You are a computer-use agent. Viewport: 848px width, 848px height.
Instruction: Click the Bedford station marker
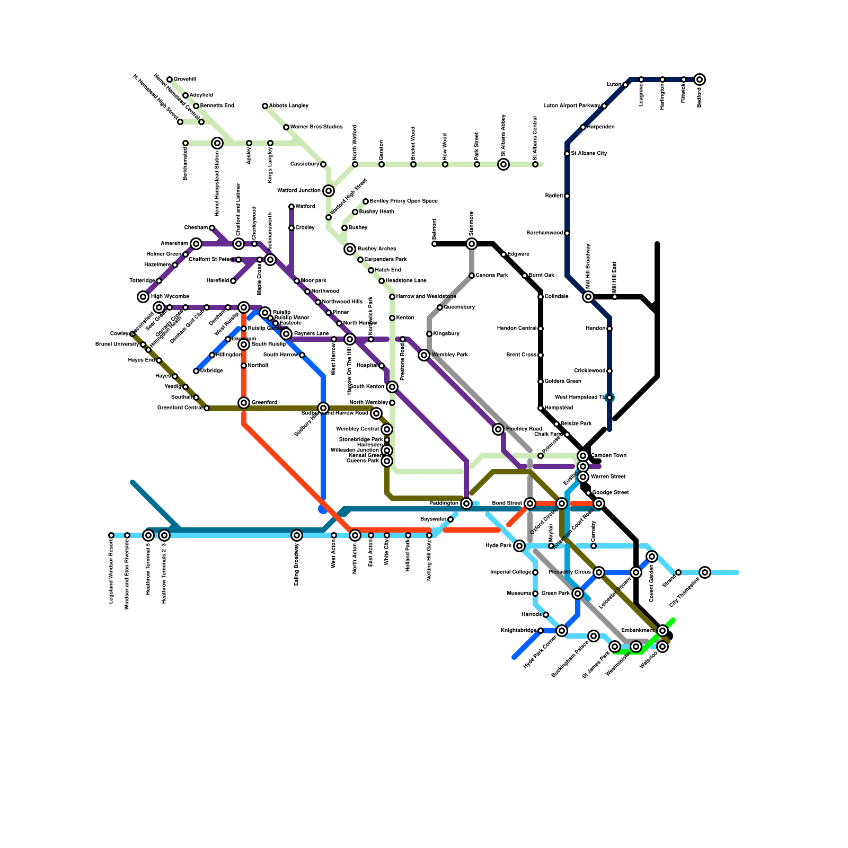[x=700, y=79]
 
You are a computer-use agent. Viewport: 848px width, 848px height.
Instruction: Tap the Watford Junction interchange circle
[x=329, y=191]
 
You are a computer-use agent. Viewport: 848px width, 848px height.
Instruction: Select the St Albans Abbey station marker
[x=503, y=164]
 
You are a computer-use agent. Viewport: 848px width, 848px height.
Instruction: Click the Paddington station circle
[x=466, y=503]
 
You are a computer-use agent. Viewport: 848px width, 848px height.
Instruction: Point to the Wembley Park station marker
[x=424, y=355]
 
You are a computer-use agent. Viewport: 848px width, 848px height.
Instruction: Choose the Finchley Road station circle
[x=498, y=429]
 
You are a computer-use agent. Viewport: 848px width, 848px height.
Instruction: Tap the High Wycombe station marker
[x=143, y=297]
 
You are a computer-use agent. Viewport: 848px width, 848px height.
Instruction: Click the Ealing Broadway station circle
[x=297, y=535]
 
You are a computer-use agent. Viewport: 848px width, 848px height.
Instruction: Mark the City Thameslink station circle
[x=705, y=572]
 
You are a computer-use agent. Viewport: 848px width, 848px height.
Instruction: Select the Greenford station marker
[x=244, y=403]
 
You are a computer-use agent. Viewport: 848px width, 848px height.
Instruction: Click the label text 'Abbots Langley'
[x=289, y=106]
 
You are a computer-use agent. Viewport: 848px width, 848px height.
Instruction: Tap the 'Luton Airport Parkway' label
[x=572, y=106]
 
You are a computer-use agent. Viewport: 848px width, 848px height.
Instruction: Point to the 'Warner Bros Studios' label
[x=316, y=127]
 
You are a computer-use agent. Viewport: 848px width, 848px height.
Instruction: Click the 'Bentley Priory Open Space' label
[x=404, y=201]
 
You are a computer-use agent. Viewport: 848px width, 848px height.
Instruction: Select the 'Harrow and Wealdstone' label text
[x=426, y=297]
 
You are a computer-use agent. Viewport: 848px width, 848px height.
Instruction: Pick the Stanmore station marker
[x=472, y=244]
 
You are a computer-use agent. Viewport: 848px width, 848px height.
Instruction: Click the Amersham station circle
[x=196, y=244]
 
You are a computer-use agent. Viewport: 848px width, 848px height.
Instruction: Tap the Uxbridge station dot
[x=196, y=371]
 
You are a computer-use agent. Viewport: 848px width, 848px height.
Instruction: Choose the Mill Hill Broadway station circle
[x=588, y=297]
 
